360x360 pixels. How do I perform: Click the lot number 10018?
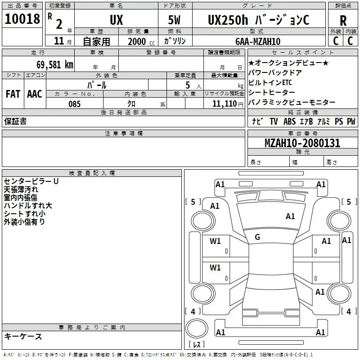(22, 19)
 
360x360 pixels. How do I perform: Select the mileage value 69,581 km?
(55, 65)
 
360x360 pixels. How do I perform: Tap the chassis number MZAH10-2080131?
(302, 143)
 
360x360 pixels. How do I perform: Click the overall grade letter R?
(343, 21)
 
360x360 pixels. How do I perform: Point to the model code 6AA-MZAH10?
(258, 41)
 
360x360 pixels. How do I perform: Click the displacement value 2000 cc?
(141, 41)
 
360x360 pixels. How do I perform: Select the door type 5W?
(174, 20)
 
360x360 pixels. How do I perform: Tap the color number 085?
(74, 104)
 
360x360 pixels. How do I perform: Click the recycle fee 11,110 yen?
(228, 104)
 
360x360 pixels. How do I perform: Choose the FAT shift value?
(13, 94)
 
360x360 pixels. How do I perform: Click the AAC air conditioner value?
(35, 94)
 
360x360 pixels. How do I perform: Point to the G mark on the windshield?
(257, 237)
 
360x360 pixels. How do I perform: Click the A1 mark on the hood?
(290, 216)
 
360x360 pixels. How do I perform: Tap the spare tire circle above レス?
(197, 328)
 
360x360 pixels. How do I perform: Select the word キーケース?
(23, 336)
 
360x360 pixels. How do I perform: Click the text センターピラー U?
(31, 181)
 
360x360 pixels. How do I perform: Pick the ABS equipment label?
(289, 121)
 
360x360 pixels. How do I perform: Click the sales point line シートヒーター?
(272, 92)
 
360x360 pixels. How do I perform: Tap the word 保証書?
(15, 121)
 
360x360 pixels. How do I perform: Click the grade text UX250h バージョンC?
(258, 20)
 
